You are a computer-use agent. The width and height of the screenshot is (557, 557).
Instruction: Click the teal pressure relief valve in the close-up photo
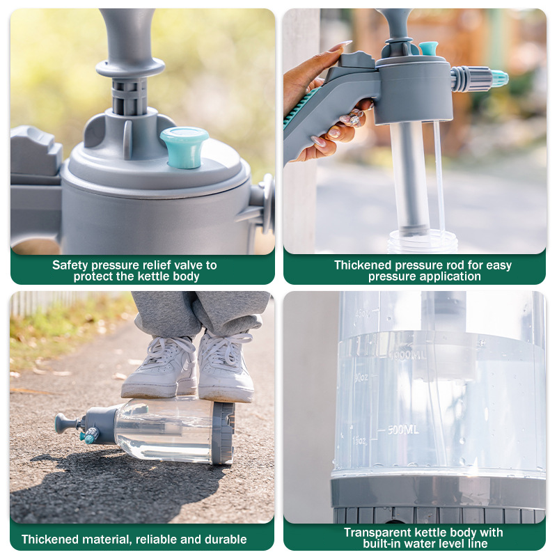coord(185,147)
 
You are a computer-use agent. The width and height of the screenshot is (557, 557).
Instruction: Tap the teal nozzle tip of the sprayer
coord(499,79)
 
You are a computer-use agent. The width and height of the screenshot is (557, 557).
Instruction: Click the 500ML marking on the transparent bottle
coord(403,430)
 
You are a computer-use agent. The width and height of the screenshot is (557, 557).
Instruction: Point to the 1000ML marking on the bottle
coord(408,355)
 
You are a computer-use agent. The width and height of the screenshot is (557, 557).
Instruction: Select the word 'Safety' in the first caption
coord(70,265)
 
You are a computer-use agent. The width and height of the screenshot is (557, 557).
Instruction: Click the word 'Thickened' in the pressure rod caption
coord(363,265)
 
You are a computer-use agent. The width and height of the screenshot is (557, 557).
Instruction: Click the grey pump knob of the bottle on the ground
coord(63,423)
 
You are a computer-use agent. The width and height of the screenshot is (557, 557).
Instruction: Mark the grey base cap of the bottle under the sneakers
coord(223,432)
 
